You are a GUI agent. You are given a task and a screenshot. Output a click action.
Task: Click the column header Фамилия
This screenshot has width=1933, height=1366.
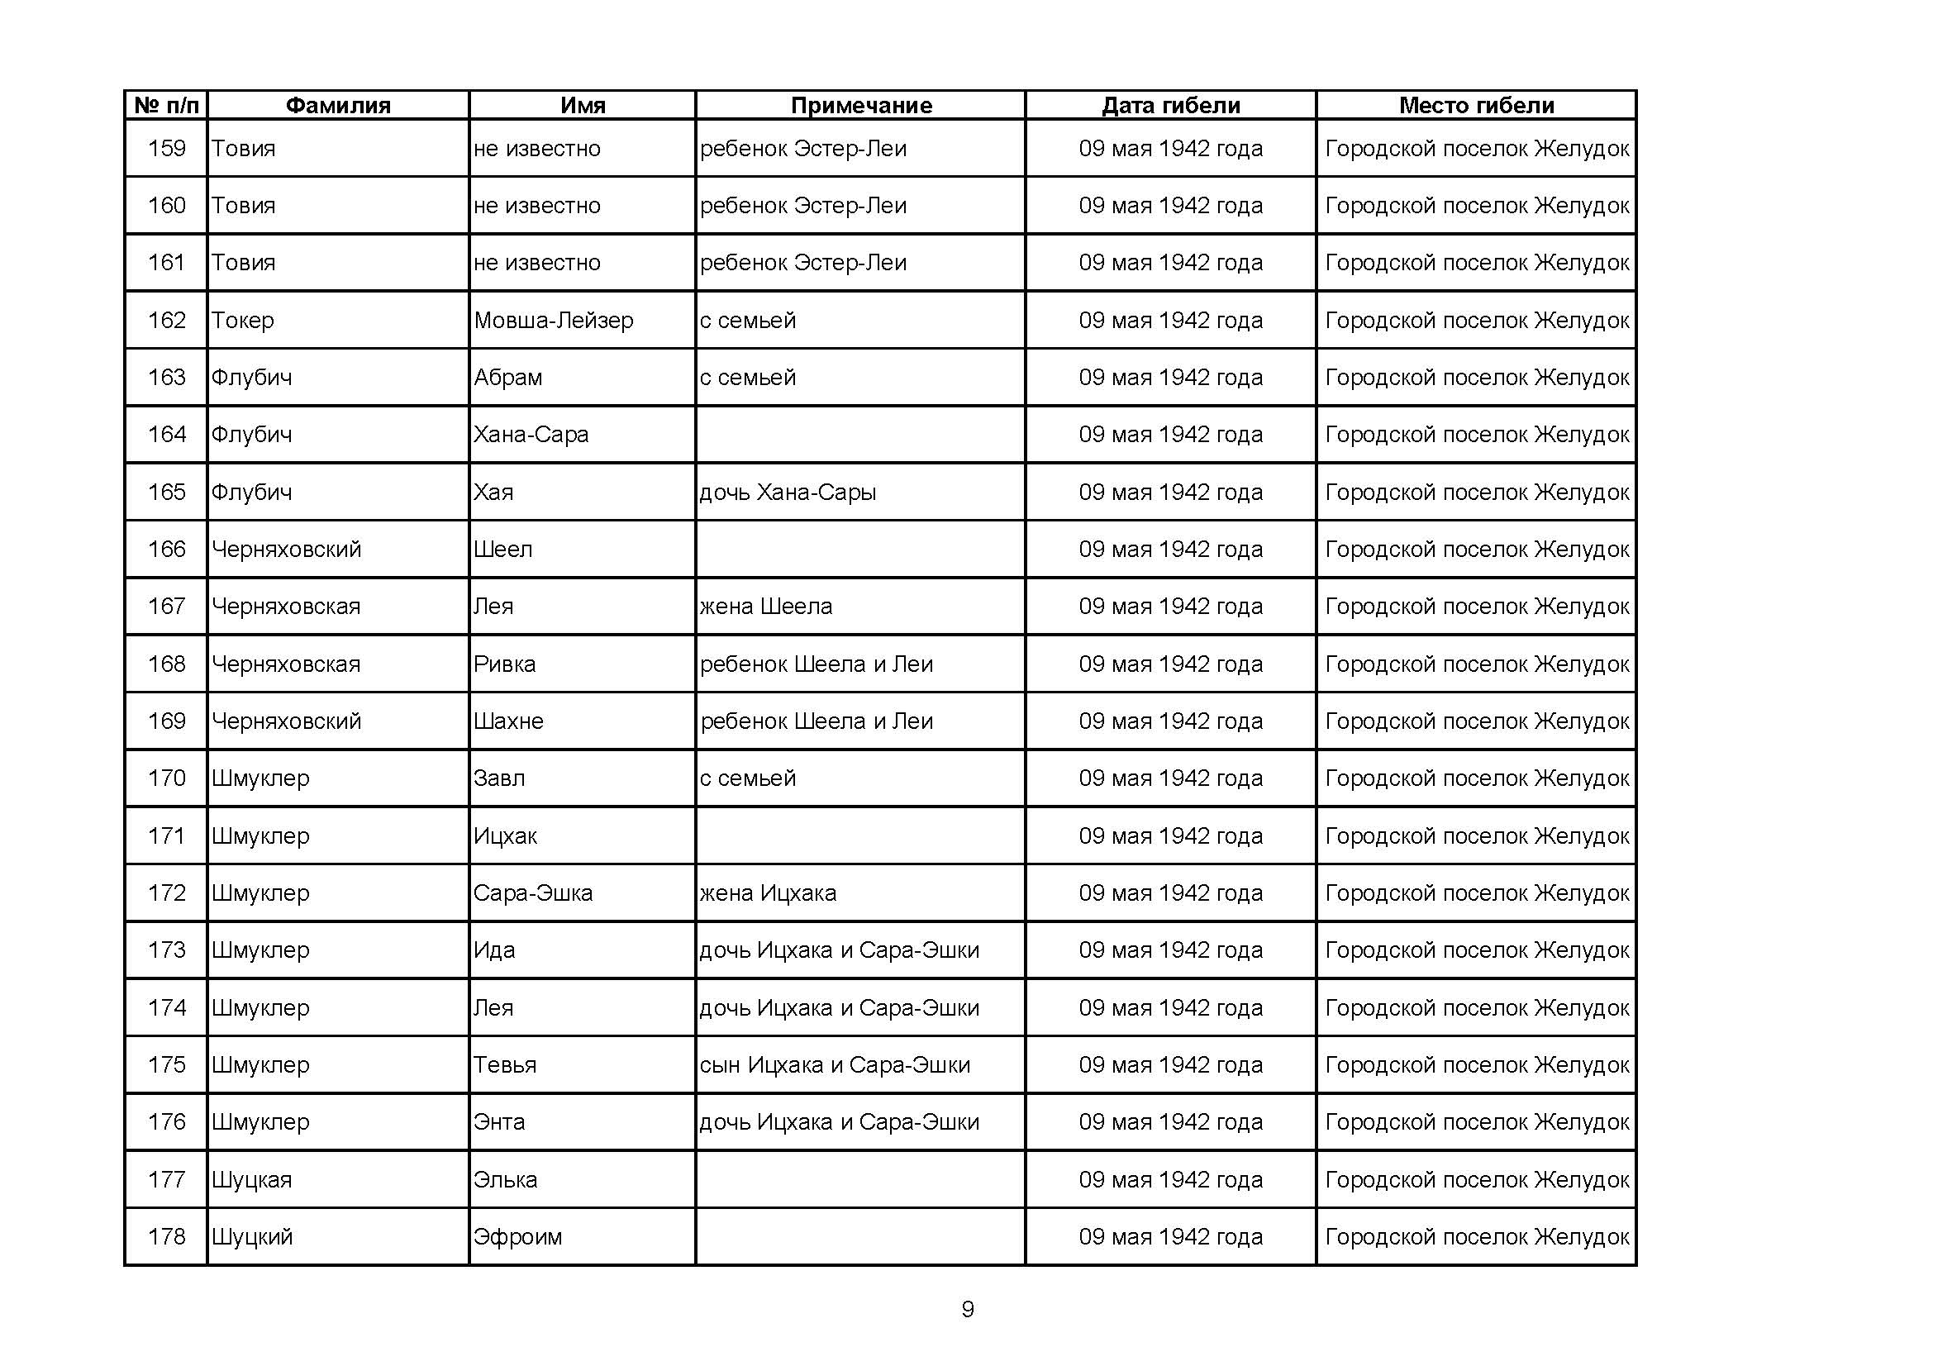[338, 105]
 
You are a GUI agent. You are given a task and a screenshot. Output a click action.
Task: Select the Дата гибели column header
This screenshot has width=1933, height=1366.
[1170, 105]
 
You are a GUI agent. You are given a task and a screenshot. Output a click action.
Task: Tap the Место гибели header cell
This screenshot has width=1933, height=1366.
[1476, 105]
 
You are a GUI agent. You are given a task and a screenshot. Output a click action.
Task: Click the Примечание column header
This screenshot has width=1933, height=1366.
[860, 105]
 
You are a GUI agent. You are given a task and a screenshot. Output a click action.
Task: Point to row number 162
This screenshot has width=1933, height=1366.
[167, 320]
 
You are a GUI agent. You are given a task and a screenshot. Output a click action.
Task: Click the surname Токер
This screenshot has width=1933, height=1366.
[242, 321]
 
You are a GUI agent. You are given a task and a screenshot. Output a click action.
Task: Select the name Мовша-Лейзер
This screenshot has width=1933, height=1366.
[553, 321]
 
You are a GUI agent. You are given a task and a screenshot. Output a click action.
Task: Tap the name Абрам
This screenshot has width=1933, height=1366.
[507, 378]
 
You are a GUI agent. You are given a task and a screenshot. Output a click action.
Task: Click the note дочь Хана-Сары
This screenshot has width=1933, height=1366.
[788, 493]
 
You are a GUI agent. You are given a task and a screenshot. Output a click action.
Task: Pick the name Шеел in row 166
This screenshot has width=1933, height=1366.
[502, 550]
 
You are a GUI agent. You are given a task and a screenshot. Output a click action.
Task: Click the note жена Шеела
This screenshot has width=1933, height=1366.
[765, 607]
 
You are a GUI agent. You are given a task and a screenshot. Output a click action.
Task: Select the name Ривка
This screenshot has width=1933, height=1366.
[504, 664]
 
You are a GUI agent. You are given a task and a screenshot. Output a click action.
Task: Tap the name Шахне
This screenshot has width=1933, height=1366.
[507, 721]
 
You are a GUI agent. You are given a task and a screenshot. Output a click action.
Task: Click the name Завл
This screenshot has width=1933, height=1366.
[498, 778]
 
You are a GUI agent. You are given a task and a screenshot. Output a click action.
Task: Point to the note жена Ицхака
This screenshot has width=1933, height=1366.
[768, 893]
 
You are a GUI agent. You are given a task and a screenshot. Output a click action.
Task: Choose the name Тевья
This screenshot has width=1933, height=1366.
[504, 1064]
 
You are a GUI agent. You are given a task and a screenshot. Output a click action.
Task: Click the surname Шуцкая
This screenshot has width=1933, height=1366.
[251, 1180]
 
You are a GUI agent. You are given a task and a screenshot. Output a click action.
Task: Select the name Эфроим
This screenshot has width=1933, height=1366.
[517, 1237]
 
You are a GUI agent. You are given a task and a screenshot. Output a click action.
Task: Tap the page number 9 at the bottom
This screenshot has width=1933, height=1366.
[968, 1309]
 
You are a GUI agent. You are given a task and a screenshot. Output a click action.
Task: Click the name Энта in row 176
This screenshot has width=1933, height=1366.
[498, 1122]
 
